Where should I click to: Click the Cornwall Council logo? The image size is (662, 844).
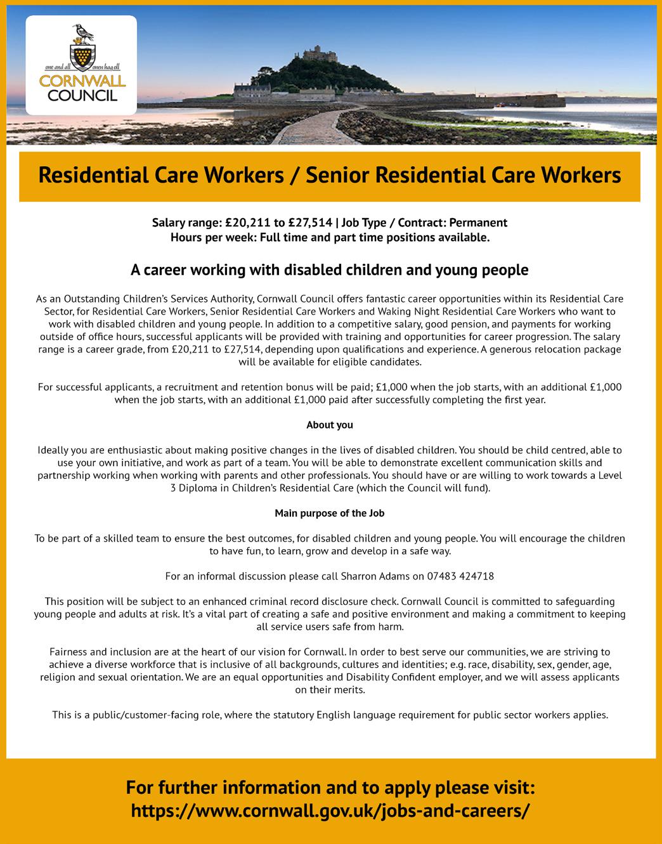coord(81,65)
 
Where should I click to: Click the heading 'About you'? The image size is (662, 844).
coord(330,425)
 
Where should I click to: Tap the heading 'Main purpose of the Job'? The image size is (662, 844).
coord(330,513)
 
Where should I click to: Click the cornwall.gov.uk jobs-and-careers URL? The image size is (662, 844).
coord(330,811)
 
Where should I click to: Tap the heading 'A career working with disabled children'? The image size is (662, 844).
coord(330,270)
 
